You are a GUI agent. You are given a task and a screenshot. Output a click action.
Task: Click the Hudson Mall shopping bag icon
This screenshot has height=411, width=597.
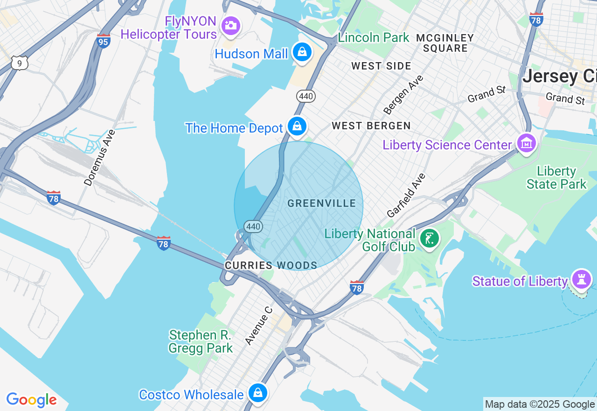click(x=302, y=52)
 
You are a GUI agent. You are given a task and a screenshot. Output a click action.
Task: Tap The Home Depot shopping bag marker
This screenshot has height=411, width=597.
click(x=297, y=126)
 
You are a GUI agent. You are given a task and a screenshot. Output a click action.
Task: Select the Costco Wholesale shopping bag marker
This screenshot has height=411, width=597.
click(x=257, y=393)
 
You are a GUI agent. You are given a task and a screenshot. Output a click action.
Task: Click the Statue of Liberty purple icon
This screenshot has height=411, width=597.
click(x=582, y=279)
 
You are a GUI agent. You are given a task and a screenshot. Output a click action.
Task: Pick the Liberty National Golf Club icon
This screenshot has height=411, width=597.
click(x=430, y=239)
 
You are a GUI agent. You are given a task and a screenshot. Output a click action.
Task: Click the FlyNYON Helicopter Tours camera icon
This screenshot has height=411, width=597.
click(x=231, y=26)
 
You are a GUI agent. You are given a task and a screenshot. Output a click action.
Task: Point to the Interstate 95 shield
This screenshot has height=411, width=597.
click(x=104, y=41)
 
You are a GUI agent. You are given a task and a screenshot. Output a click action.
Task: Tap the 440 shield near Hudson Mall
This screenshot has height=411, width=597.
click(x=306, y=96)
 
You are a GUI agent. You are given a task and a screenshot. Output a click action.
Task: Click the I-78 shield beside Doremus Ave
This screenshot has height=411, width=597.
click(x=54, y=198)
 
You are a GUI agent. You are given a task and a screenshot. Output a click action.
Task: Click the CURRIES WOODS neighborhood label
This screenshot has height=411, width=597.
click(x=271, y=266)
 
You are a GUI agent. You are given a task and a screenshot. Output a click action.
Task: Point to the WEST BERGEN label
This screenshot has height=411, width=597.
click(x=371, y=126)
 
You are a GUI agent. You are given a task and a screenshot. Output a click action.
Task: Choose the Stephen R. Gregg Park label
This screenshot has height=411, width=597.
click(x=201, y=341)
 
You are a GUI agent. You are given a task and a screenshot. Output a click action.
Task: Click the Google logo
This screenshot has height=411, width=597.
click(x=31, y=400)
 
